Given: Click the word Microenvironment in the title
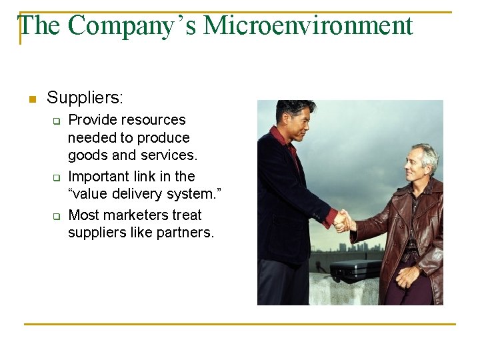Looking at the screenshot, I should [308, 26].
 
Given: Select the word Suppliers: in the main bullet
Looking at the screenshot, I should [85, 98].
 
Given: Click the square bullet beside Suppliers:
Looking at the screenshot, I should [31, 100].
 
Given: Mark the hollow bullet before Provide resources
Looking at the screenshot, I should [57, 121].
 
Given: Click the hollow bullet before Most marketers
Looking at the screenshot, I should [57, 217].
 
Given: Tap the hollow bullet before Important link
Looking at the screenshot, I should [57, 178].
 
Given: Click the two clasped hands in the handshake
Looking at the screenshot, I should [343, 221].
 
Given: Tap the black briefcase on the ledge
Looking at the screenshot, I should [356, 270].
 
